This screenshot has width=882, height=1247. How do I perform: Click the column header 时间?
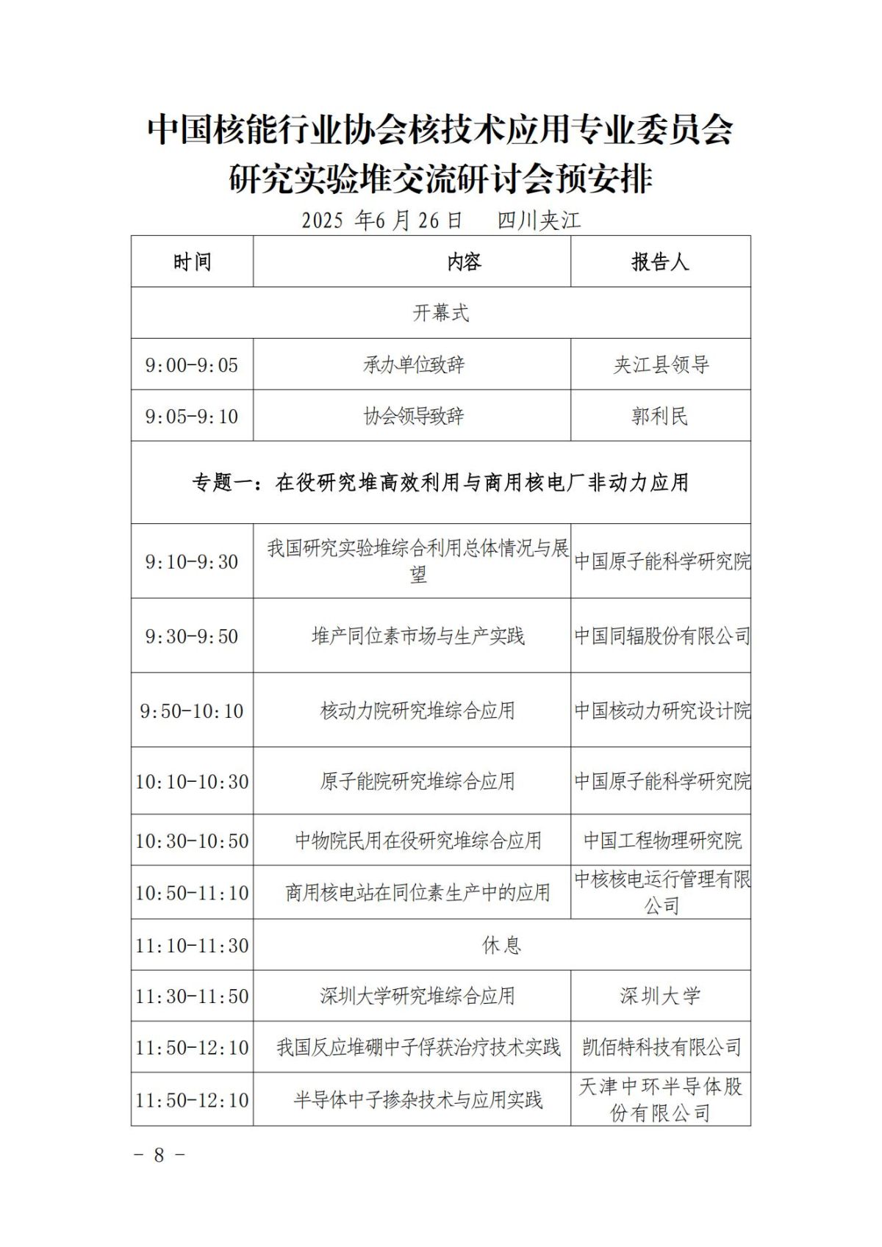[192, 262]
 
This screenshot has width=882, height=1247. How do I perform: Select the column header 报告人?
[660, 262]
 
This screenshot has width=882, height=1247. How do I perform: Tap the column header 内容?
[464, 262]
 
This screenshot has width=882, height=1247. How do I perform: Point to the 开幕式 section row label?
[440, 313]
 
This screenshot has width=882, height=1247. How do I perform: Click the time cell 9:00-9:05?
[192, 365]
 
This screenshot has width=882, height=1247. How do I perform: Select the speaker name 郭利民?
[660, 417]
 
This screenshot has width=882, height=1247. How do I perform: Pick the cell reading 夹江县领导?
[660, 365]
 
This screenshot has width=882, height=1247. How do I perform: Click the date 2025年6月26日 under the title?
[382, 220]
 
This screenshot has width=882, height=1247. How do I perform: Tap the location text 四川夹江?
[539, 220]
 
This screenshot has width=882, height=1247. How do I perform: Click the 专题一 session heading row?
[440, 483]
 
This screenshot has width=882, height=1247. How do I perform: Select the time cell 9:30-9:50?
[192, 636]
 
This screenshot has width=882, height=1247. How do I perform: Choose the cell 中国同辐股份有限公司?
[661, 636]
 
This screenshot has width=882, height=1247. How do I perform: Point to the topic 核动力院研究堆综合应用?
[417, 711]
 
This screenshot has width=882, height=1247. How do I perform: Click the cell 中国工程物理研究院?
[661, 841]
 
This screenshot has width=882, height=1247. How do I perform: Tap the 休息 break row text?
[501, 945]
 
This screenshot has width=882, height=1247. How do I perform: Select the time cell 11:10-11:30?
[192, 945]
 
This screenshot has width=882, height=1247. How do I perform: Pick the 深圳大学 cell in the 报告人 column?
[660, 996]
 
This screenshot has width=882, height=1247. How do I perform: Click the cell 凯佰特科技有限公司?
[661, 1048]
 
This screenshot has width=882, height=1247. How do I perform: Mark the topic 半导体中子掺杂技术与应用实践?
[417, 1100]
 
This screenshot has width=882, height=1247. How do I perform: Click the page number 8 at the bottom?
[159, 1154]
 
